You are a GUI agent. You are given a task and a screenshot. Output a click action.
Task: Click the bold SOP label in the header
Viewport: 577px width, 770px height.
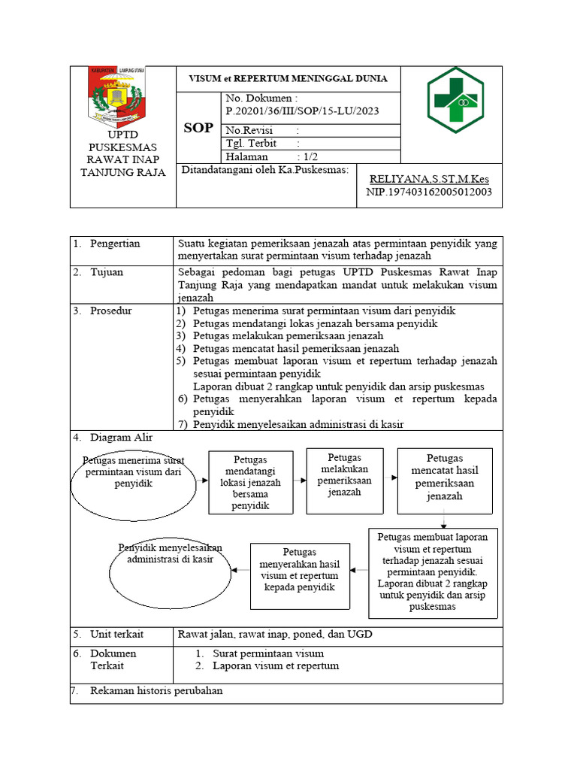click(x=198, y=128)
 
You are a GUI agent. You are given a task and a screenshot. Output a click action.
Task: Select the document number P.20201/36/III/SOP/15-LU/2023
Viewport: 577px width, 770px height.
click(x=302, y=111)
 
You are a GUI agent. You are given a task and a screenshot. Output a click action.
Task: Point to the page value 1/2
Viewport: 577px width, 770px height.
click(x=307, y=156)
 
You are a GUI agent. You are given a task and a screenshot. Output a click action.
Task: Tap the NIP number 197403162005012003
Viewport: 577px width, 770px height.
click(x=428, y=192)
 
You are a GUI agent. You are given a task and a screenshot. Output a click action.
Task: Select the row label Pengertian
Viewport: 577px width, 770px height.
click(x=115, y=244)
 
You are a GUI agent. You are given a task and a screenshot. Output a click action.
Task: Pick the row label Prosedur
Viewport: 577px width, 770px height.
click(x=111, y=311)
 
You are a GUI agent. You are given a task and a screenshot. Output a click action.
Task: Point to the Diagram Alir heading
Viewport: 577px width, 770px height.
click(x=121, y=437)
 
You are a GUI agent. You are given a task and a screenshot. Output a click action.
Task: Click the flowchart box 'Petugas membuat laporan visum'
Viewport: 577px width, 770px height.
click(x=433, y=571)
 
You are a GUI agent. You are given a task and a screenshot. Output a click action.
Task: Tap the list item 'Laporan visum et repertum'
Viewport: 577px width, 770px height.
click(x=276, y=665)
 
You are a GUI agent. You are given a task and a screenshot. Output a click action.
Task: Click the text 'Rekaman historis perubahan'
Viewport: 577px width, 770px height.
click(x=156, y=690)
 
